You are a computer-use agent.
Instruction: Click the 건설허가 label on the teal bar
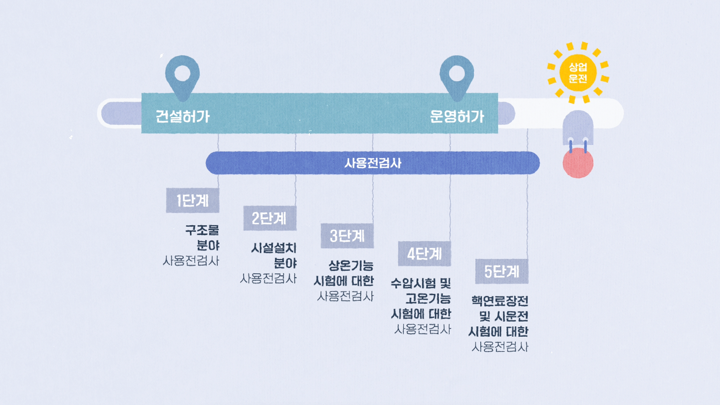[x=183, y=117]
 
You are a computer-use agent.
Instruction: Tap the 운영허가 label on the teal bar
[x=457, y=117]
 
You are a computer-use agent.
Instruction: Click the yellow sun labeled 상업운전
[x=578, y=73]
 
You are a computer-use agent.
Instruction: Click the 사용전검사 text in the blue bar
[x=373, y=163]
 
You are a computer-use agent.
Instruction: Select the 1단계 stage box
[x=192, y=201]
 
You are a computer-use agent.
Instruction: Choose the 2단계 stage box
[x=270, y=218]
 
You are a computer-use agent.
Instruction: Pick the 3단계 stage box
[x=347, y=236]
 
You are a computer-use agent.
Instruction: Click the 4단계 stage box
[x=424, y=254]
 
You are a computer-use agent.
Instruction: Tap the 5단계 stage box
[x=502, y=272]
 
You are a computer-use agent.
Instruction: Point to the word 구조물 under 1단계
[x=202, y=230]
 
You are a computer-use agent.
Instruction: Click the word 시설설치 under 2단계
[x=274, y=248]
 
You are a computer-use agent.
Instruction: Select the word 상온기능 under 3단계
[x=351, y=265]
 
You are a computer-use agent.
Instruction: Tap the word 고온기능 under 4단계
[x=428, y=299]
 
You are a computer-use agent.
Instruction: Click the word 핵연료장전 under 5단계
[x=500, y=301]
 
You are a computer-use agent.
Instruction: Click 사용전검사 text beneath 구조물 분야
[x=191, y=261]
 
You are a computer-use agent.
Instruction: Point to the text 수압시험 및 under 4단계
[x=421, y=283]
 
